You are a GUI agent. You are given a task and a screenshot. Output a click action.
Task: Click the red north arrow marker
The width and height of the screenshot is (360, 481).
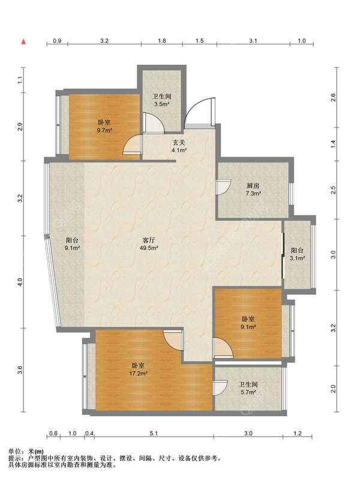pos(23,41)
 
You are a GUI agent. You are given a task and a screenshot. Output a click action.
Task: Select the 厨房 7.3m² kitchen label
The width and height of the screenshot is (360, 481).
pos(253,190)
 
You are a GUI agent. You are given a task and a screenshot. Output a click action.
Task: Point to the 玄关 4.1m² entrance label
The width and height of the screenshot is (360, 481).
pos(179,147)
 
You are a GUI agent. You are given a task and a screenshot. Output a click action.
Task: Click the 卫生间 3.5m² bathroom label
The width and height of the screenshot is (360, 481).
pos(162,100)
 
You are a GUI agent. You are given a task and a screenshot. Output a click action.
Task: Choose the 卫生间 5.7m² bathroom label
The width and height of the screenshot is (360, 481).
pos(248,388)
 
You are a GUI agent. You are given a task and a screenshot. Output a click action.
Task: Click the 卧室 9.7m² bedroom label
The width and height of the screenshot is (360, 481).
pos(104,126)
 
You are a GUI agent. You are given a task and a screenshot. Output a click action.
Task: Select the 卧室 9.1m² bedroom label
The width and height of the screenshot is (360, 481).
pos(248,323)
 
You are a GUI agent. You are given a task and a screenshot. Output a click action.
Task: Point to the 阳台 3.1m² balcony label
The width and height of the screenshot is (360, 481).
pos(298,254)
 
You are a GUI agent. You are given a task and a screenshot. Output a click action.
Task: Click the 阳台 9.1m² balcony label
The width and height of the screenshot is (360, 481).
pos(73,244)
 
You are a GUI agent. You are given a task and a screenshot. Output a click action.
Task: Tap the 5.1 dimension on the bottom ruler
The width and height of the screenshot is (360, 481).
pos(154,433)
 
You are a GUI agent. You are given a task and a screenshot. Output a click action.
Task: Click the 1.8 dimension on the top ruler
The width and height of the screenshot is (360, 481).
pos(162,40)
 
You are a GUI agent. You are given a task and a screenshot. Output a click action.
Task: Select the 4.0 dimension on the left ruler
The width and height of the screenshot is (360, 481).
pos(20,282)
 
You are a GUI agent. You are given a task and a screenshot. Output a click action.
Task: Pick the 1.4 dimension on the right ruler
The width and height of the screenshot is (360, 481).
pos(334,144)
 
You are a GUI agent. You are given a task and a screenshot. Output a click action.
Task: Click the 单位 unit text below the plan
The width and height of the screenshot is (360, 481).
pos(14,451)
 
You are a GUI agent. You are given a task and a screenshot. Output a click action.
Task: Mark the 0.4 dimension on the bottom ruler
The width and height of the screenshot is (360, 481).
pos(89,433)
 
